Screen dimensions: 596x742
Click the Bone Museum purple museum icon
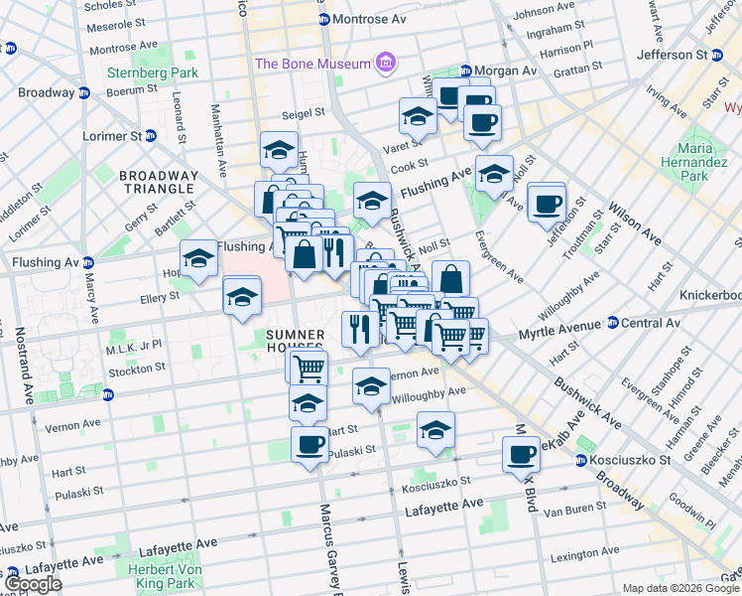coord(385,65)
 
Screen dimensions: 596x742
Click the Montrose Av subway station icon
coord(322,20)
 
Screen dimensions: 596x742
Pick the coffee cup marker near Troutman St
coord(547,205)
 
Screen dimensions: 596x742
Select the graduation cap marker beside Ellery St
coord(242,297)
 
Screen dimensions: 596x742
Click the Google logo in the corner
coord(33,585)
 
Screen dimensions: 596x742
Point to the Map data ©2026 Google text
coord(680,588)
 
